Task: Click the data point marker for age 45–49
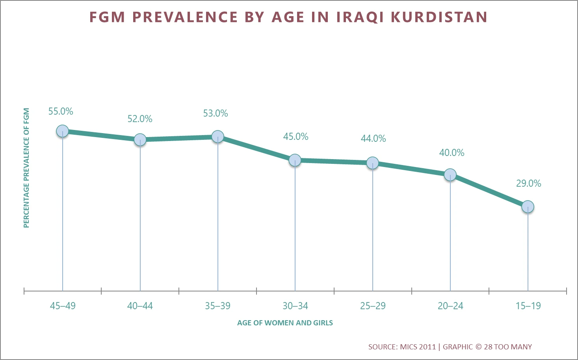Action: [x=63, y=131]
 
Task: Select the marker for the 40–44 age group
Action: [x=140, y=139]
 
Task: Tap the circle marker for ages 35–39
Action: [x=217, y=137]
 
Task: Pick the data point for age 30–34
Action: [x=295, y=160]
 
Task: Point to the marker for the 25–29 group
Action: [x=373, y=163]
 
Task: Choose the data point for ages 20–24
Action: [x=450, y=175]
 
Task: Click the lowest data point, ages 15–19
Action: [x=528, y=206]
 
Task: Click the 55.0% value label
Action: [x=61, y=111]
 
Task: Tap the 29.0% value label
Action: [x=528, y=184]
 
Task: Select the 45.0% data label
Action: [x=296, y=137]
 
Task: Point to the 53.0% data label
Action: [x=216, y=113]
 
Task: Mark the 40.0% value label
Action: [x=452, y=153]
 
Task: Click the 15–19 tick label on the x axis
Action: [x=528, y=306]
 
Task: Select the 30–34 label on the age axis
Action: [x=295, y=306]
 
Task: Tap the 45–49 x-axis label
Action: [x=63, y=306]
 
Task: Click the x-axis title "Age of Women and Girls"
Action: [x=285, y=323]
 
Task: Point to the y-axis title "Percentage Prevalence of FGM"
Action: [x=26, y=168]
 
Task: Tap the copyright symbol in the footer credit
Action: [x=478, y=347]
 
